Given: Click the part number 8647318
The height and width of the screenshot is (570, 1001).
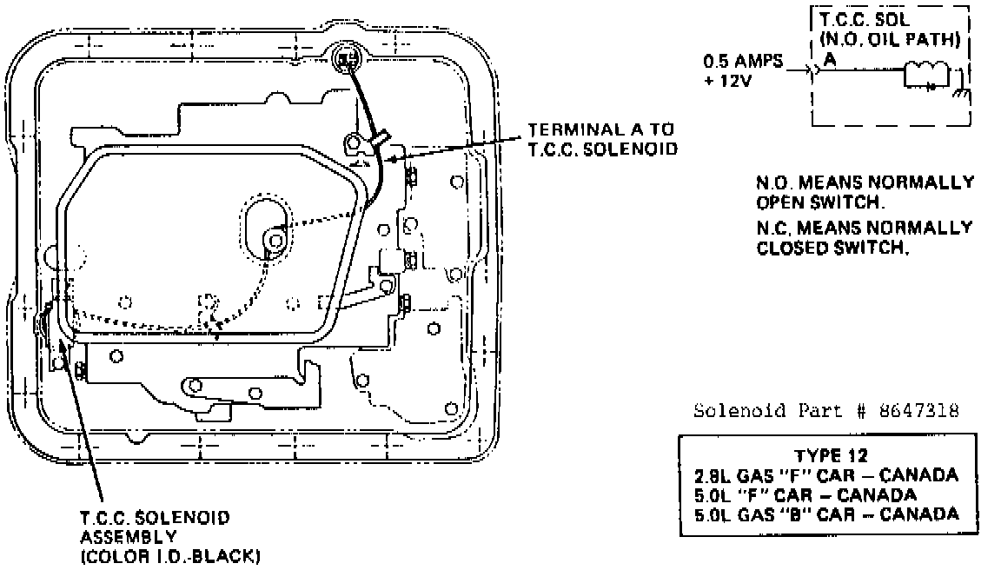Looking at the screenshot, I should (x=923, y=411).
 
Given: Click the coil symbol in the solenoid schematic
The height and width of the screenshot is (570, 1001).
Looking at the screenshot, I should (x=923, y=73).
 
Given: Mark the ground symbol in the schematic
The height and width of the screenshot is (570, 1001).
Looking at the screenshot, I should (x=960, y=94).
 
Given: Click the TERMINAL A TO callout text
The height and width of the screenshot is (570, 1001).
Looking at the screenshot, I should (x=600, y=129).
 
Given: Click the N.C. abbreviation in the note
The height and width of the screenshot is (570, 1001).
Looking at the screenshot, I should (x=772, y=228).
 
